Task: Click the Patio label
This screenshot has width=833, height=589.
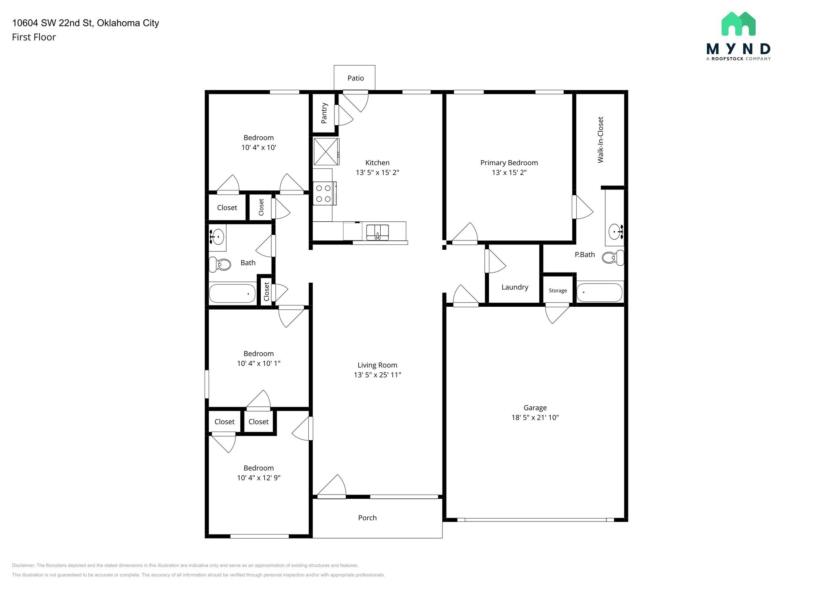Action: click(355, 78)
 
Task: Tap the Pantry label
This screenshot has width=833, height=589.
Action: click(324, 113)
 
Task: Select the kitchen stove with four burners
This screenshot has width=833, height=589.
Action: click(325, 194)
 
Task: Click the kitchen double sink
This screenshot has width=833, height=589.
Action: click(377, 232)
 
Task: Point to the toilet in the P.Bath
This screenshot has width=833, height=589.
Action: click(613, 257)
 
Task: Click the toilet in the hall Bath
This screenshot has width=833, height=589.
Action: click(220, 264)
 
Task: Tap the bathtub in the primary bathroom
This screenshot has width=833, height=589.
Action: click(600, 292)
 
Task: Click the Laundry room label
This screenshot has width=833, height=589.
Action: click(515, 287)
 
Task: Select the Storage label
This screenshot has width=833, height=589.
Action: click(558, 290)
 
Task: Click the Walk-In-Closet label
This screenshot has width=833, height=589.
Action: click(600, 140)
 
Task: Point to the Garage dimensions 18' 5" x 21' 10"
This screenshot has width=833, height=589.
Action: click(535, 417)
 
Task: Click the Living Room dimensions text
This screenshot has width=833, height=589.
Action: click(377, 375)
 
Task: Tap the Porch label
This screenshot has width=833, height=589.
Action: click(367, 518)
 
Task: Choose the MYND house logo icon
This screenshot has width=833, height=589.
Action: click(738, 24)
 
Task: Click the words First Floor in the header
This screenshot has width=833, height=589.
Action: click(34, 37)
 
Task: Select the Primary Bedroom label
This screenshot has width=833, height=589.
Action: click(509, 163)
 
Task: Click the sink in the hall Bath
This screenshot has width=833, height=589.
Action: click(218, 235)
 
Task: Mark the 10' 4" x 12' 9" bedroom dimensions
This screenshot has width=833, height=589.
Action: click(259, 478)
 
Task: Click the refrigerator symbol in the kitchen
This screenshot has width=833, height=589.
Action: click(326, 151)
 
